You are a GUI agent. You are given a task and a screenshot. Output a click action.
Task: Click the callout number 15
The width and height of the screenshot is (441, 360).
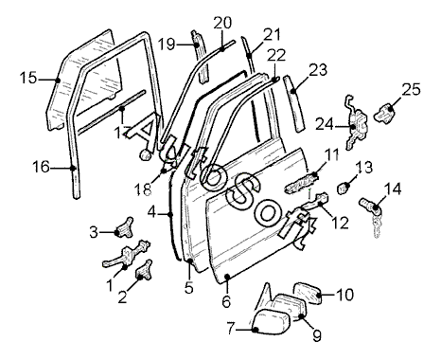point(28,78)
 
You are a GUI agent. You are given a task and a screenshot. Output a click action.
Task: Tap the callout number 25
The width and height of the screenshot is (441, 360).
point(411,89)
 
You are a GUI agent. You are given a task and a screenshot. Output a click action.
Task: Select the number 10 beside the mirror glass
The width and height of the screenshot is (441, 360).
point(344,295)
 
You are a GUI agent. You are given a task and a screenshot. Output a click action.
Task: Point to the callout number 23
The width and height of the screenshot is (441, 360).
point(318,70)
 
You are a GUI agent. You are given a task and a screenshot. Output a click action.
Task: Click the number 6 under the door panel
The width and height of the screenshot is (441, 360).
point(226,302)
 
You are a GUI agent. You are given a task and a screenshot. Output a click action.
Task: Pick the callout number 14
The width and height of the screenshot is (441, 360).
point(393,189)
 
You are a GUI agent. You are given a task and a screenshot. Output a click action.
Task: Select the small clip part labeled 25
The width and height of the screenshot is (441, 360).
point(385,114)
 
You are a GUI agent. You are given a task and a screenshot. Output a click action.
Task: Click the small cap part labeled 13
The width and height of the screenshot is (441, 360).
point(343,188)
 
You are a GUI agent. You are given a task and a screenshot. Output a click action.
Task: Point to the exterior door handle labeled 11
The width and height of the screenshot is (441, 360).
point(301,184)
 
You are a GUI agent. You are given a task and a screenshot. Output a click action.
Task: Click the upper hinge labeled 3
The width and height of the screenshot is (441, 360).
point(125,228)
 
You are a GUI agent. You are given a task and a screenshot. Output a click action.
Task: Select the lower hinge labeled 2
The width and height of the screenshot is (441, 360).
point(144,270)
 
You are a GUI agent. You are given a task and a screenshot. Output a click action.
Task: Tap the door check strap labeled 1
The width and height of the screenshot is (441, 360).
point(126,255)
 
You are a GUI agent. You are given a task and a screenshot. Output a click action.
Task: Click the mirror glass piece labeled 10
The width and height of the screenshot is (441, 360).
point(308,294)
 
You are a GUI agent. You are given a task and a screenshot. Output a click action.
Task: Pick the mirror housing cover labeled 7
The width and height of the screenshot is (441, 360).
point(272,321)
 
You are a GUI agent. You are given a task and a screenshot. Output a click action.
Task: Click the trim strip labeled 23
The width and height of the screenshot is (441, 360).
point(294,103)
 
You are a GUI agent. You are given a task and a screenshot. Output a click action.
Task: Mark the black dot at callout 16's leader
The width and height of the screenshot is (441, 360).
point(73,168)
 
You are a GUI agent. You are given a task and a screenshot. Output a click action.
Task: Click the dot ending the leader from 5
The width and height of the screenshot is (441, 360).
point(190,261)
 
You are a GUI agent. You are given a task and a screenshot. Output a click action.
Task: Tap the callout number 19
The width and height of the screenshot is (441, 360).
point(167,45)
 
